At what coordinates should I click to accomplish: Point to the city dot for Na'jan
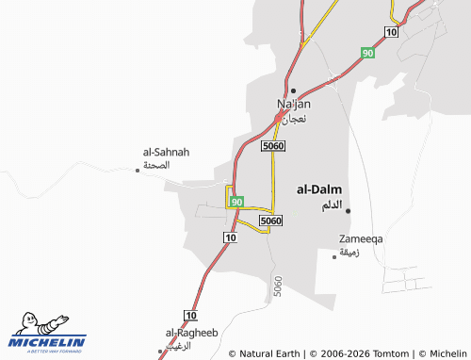coord(293,90)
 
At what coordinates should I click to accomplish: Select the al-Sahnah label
coord(166,151)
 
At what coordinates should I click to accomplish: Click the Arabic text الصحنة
coord(156,165)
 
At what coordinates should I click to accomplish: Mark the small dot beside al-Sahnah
coord(138,170)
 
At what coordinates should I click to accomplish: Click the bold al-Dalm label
coord(319,188)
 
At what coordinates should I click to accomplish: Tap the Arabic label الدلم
coord(326,205)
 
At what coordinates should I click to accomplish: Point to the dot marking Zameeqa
coord(335,254)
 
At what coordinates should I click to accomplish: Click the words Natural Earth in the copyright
coord(269,353)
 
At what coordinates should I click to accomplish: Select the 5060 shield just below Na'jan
coord(273,147)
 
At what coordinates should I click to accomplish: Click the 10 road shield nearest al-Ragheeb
coord(191,315)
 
